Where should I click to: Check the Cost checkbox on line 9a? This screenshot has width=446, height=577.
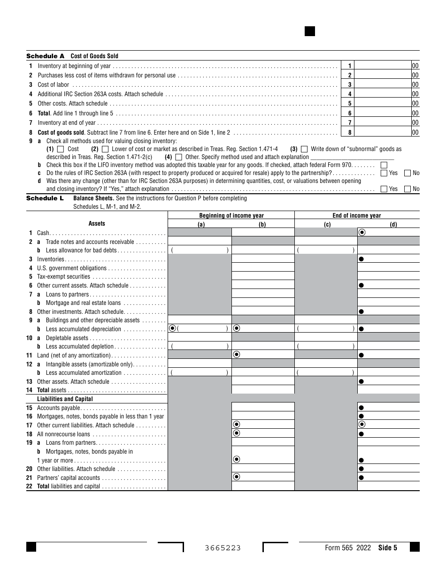[x=60, y=149]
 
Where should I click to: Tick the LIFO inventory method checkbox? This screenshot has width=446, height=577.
[x=384, y=165]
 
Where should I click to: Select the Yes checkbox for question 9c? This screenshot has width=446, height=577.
[x=384, y=173]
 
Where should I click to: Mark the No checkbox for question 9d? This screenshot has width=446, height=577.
[x=408, y=189]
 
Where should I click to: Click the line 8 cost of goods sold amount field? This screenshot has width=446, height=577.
[x=383, y=132]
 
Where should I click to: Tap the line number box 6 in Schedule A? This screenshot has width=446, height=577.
[x=350, y=113]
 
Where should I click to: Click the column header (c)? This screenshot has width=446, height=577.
[x=326, y=224]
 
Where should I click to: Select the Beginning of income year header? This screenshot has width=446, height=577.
[x=231, y=216]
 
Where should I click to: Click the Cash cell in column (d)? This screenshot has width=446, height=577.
[x=389, y=233]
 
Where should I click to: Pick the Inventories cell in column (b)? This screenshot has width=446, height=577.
[x=263, y=259]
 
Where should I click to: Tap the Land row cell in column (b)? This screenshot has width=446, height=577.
[x=263, y=355]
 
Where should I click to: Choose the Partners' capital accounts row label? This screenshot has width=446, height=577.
[x=69, y=478]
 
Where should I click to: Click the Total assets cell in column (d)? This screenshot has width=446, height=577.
[x=389, y=389]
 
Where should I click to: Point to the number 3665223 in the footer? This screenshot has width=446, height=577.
[x=223, y=548]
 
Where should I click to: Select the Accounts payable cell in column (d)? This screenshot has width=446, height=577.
[x=389, y=407]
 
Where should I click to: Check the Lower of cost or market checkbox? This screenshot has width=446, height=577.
[x=105, y=149]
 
